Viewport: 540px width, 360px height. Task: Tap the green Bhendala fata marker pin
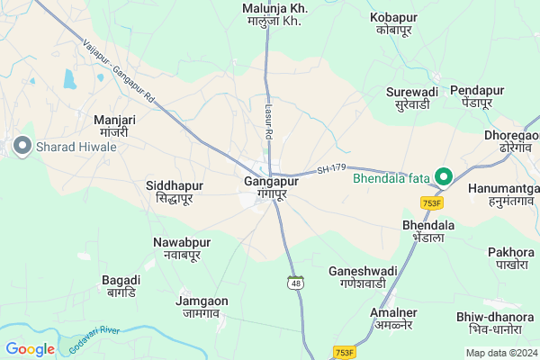coord(443,177)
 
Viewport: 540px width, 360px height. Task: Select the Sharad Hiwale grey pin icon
coord(21,144)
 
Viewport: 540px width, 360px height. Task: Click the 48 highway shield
coord(295,283)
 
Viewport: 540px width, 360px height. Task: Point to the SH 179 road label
coord(332,169)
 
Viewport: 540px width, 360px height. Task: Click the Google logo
coord(30,349)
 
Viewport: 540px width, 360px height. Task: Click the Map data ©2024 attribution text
coord(503,352)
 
